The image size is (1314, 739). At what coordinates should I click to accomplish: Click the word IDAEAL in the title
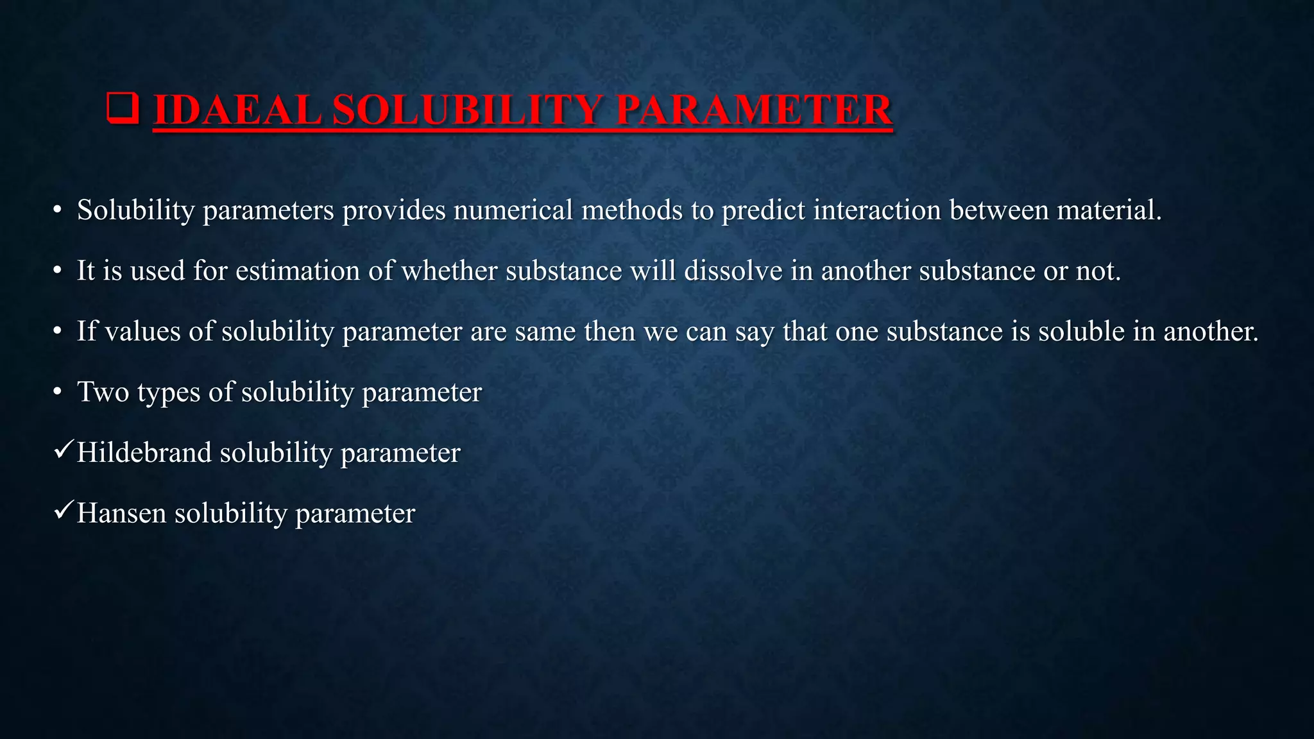coord(237,110)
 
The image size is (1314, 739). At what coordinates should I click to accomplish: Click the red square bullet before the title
coord(122,108)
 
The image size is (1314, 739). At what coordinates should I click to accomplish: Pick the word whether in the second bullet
coord(449,271)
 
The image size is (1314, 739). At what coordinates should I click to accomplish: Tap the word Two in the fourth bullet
coord(103,392)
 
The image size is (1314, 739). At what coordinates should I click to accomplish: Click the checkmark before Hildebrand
coord(63,450)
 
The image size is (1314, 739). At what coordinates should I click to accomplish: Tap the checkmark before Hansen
coord(63,511)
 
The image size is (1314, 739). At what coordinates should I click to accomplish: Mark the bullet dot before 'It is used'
coord(57,271)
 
